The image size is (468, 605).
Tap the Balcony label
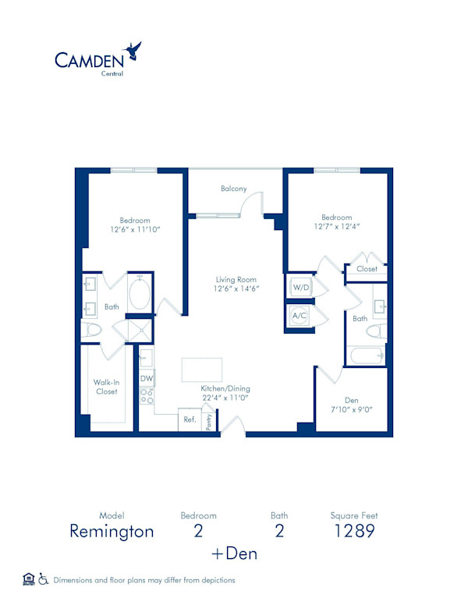(233, 189)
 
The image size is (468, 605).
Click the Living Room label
(236, 279)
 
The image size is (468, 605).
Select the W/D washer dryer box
(301, 288)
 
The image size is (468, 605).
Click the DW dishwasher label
(146, 379)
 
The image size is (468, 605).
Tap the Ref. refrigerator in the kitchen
(190, 419)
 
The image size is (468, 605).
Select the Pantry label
(208, 421)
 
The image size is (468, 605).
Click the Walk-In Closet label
(106, 387)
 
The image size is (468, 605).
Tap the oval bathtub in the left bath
(140, 295)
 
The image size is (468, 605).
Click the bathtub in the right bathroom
(366, 356)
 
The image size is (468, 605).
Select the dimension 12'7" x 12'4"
(337, 227)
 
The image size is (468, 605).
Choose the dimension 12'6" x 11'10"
(134, 229)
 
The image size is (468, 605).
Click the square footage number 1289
(355, 532)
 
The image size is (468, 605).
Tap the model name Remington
(112, 532)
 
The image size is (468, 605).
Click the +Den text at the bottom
(234, 554)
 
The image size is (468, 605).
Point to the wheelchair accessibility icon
(44, 578)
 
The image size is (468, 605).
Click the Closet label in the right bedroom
(367, 269)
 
